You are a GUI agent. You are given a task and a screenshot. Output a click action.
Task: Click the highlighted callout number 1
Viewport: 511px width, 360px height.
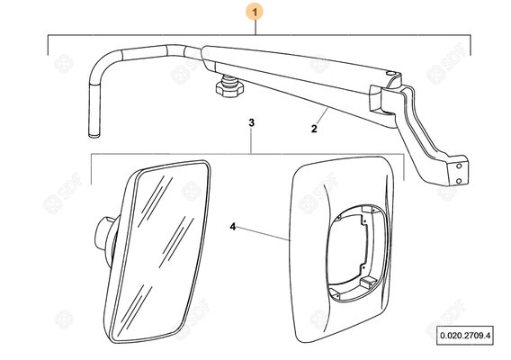255,13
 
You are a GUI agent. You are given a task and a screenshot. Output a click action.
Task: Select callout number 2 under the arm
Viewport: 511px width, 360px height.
314,129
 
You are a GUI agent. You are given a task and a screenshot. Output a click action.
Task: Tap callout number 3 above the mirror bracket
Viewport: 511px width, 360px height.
251,123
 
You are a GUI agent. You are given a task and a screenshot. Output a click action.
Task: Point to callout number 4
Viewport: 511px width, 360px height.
233,227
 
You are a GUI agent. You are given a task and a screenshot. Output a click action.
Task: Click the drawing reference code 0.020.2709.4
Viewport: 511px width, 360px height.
465,335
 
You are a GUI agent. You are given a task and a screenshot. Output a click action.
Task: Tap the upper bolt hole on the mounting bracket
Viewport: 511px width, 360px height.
459,166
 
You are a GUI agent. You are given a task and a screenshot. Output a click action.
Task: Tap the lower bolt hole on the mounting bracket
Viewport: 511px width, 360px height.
459,181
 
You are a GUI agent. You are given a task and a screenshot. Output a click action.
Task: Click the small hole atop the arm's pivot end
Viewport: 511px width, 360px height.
390,74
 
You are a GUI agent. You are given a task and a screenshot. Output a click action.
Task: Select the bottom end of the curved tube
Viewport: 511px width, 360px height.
94,134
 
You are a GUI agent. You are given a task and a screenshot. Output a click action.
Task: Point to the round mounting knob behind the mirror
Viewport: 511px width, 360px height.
103,236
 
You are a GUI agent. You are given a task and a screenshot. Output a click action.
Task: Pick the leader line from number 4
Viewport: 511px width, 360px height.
264,233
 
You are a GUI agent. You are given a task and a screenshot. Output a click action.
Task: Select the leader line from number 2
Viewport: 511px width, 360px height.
321,116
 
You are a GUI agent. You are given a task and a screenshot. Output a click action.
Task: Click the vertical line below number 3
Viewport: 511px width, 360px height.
251,141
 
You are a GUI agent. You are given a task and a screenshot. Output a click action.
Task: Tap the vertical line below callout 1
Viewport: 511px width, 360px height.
255,28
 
